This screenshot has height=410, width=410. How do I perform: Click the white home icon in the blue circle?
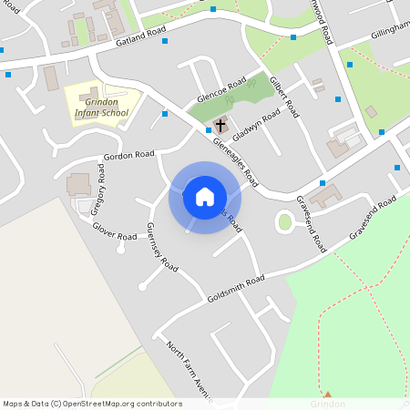tap(205, 197)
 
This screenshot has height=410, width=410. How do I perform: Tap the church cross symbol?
tap(221, 125)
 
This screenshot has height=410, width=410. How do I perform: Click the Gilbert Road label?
tap(284, 97)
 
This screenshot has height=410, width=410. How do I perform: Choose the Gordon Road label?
tap(128, 155)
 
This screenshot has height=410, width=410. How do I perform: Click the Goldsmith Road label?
tap(235, 288)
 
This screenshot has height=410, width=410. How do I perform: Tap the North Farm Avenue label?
tap(188, 370)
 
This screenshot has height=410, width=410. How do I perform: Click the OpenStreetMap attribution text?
tap(92, 403)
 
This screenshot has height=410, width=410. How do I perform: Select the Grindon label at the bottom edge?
tap(327, 404)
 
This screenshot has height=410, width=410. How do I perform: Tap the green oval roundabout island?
tap(285, 221)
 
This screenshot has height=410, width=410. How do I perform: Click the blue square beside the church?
tap(209, 130)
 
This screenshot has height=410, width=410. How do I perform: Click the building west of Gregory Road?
tap(78, 184)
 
